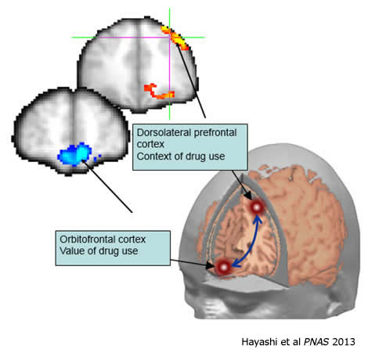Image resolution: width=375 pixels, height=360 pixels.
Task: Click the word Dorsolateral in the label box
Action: (164, 132)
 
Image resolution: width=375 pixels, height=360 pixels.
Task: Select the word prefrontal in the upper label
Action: (215, 133)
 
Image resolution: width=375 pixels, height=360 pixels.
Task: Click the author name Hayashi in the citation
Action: (259, 342)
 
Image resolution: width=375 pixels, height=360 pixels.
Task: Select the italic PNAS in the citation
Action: (316, 342)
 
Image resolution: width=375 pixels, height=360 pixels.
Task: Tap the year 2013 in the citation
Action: (344, 342)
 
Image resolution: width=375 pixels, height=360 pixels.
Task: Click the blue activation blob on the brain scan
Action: (76, 154)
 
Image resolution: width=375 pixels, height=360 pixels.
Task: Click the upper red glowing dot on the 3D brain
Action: (257, 207)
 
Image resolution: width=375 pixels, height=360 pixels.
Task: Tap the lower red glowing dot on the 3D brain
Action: (224, 267)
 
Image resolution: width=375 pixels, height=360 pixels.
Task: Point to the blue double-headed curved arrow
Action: (251, 245)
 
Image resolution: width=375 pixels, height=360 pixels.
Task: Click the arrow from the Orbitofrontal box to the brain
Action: (193, 263)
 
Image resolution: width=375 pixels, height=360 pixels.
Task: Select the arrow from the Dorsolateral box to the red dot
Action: (241, 185)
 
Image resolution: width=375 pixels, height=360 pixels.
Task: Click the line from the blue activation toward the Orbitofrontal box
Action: (107, 186)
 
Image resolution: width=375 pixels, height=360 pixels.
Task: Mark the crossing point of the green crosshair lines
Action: (170, 38)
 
